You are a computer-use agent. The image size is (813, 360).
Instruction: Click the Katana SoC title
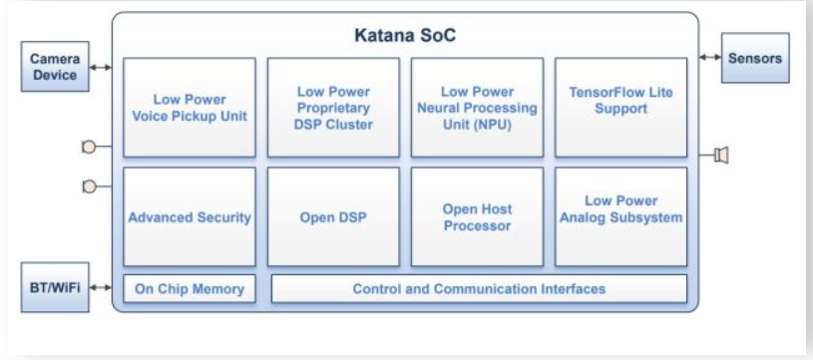click(405, 35)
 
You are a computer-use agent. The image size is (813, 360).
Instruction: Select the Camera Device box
click(55, 67)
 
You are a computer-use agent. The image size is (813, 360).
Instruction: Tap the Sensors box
click(755, 58)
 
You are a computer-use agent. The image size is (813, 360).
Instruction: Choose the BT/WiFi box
click(55, 287)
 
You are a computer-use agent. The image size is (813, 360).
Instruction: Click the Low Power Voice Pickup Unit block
click(190, 108)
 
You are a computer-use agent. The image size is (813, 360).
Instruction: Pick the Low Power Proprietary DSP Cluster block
click(333, 108)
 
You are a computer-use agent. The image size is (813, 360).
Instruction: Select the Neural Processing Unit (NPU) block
click(477, 108)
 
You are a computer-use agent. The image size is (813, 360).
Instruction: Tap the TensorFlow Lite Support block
click(621, 108)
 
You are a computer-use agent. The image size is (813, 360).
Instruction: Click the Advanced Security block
click(190, 216)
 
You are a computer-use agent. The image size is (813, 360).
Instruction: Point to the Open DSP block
click(333, 216)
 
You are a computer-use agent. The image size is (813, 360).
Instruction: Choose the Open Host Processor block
click(477, 216)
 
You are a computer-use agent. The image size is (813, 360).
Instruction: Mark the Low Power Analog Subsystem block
click(621, 216)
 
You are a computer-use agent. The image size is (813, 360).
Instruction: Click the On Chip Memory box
click(190, 288)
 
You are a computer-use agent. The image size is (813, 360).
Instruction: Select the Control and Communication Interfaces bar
click(479, 288)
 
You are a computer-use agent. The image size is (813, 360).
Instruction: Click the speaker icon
click(721, 155)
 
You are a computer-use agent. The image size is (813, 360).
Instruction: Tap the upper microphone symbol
click(89, 148)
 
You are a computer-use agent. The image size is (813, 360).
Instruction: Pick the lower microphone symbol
click(89, 186)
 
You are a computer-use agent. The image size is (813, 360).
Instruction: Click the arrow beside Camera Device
click(101, 68)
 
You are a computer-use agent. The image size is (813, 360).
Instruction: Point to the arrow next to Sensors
click(710, 57)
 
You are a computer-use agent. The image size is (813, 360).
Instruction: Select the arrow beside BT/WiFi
click(101, 287)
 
